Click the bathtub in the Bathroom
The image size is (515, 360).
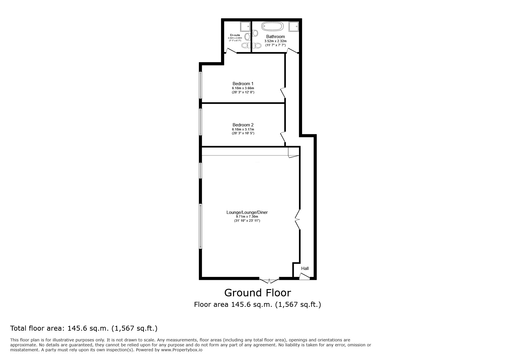[x=272, y=26]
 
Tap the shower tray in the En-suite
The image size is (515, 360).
[x=245, y=26]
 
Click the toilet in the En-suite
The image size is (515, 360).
[x=247, y=37]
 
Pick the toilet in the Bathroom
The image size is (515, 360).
[x=256, y=33]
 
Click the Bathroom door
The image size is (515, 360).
[x=292, y=51]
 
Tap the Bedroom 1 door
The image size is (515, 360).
[x=283, y=92]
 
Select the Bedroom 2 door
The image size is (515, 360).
[x=283, y=137]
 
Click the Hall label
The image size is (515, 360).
[x=305, y=268]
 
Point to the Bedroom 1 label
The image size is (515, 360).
[x=243, y=84]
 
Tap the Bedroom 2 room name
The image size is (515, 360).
[x=243, y=125]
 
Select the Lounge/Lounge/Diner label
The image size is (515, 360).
[x=247, y=212]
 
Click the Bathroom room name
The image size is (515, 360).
[x=275, y=37]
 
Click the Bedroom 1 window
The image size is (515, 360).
[x=200, y=85]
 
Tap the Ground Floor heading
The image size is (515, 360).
[x=257, y=293]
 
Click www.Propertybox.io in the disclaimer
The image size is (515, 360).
[x=182, y=350]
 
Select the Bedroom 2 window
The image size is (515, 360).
[x=200, y=121]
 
